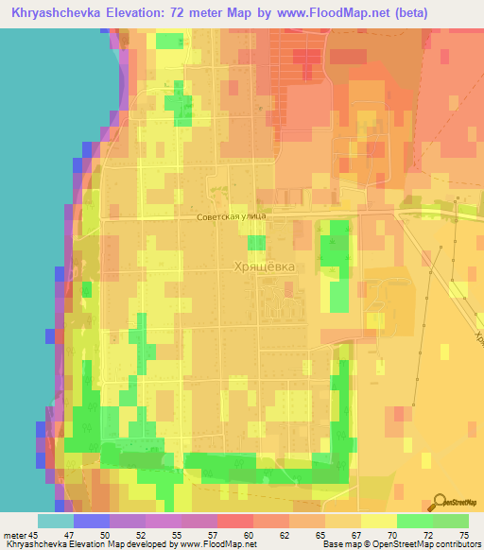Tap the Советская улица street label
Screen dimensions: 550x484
232,216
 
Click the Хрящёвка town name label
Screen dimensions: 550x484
264,267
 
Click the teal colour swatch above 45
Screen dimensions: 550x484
55,521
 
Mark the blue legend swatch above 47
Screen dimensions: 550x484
91,521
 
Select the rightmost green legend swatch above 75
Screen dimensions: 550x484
451,521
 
